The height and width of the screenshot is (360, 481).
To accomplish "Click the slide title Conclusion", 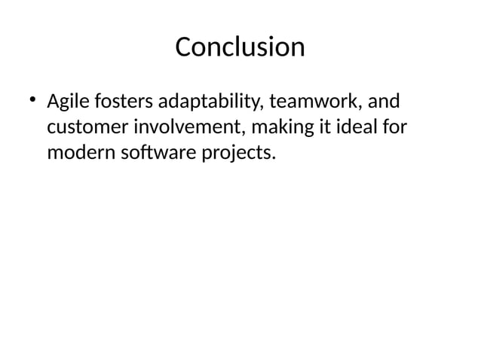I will (x=240, y=47).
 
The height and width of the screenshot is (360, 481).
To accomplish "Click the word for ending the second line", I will (x=391, y=127).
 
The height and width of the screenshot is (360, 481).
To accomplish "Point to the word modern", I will (x=78, y=154).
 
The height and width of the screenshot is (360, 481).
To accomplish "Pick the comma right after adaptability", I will (x=258, y=107).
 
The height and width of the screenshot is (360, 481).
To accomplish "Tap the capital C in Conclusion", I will (x=183, y=47).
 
